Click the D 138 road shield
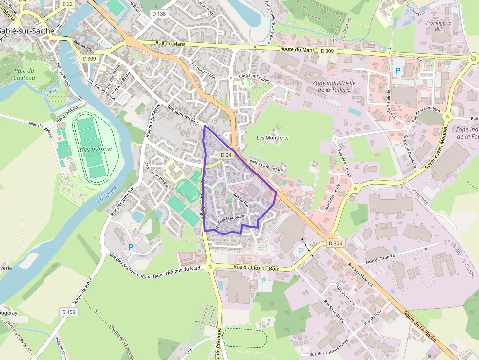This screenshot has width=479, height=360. [159, 14]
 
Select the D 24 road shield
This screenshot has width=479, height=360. [225, 155]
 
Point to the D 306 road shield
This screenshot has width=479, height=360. [335, 243]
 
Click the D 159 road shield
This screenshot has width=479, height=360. [69, 311]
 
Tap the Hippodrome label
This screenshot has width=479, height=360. [96, 148]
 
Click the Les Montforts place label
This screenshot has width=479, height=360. [273, 138]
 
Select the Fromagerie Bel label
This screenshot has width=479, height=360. [438, 25]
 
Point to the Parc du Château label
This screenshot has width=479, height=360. [24, 74]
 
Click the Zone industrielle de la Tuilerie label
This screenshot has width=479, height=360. [334, 86]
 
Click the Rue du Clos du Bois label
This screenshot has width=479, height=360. [256, 268]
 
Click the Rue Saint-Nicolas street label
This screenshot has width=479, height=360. [182, 114]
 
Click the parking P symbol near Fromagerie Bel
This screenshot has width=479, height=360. [398, 71]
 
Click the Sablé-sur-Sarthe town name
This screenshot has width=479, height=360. [27, 30]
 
